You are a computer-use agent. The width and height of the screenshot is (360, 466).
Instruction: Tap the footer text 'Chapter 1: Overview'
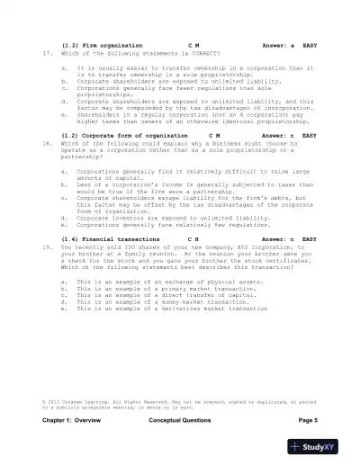[x=71, y=420]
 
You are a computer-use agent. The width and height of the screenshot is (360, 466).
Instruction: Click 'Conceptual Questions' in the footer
[x=180, y=420]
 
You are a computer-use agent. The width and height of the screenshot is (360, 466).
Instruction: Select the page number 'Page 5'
[x=307, y=420]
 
